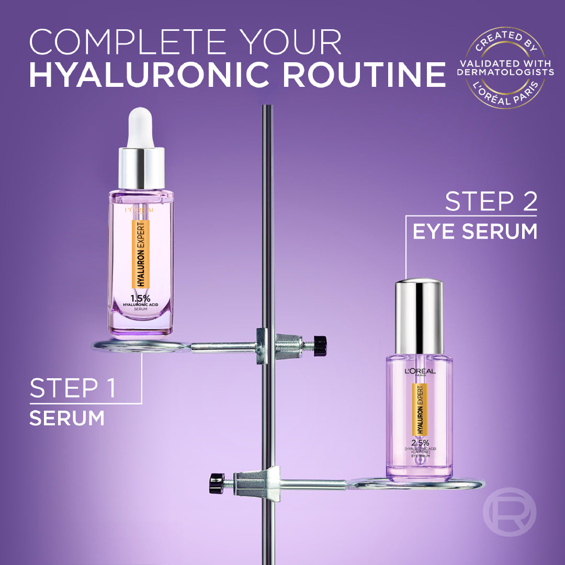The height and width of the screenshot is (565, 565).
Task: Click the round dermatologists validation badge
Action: tap(505, 69)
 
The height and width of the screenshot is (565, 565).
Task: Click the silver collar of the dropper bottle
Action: tap(141, 168)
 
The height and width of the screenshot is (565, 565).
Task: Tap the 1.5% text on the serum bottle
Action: tap(141, 299)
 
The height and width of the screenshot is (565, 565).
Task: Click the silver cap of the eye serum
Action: tap(419, 315)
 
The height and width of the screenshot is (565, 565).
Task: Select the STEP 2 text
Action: tap(491, 201)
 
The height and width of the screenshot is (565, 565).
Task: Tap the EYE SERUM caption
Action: tap(474, 231)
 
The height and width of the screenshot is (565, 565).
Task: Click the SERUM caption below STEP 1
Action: tap(66, 419)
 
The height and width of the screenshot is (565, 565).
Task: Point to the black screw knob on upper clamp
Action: tap(321, 346)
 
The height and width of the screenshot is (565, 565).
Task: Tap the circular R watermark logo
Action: tap(509, 513)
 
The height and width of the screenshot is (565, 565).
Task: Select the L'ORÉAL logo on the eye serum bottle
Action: tap(419, 372)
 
